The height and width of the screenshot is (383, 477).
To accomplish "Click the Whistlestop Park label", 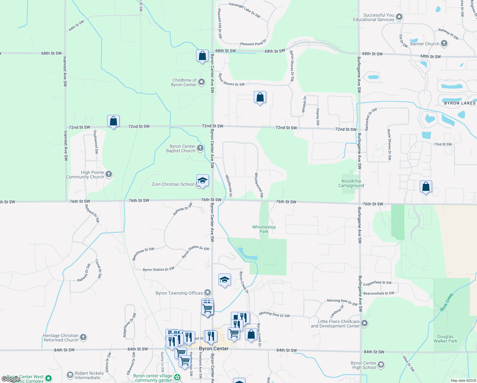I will point(264,229).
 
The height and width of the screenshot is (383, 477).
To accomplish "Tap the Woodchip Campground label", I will point(351,183).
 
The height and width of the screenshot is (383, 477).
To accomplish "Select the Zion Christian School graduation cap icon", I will point(202,181).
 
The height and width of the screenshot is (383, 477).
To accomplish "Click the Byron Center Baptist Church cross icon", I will point(200,148).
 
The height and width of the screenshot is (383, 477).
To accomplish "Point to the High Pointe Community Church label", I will point(85,175).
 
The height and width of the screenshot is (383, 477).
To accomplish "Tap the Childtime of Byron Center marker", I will point(202,82).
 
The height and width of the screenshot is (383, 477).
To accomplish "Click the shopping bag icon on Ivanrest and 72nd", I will point(113,121).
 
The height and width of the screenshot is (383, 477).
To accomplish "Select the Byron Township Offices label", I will point(179,293).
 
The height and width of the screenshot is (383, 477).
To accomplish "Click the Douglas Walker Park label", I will point(445,339).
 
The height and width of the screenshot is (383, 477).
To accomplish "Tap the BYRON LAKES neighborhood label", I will point(460,103).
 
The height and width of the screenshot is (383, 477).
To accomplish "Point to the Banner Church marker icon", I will point(444,44).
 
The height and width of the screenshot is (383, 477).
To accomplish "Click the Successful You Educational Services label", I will point(374,17).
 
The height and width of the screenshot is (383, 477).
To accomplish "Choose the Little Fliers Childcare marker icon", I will point(365,324).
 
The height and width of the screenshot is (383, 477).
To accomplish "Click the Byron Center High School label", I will point(363,365).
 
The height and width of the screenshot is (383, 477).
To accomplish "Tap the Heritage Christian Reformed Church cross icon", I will point(83,337).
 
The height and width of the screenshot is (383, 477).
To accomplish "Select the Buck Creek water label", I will point(447,302).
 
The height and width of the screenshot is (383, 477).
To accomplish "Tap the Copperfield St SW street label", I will point(377,283).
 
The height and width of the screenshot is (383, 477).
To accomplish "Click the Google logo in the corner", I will point(11,379).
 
